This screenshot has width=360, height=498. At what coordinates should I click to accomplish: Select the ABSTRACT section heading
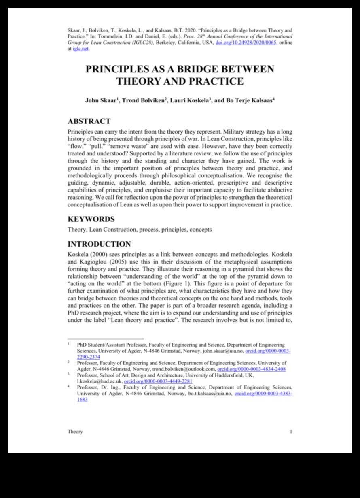pyautogui.click(x=89, y=121)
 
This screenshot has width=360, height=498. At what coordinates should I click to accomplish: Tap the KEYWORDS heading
pyautogui.click(x=91, y=219)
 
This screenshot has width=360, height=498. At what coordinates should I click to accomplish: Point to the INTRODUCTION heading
pyautogui.click(x=99, y=244)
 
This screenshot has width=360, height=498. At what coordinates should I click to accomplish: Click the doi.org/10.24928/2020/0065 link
pyautogui.click(x=246, y=43)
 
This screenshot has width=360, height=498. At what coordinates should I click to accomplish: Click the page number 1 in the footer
pyautogui.click(x=291, y=432)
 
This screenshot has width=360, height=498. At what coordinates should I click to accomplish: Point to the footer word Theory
pyautogui.click(x=75, y=432)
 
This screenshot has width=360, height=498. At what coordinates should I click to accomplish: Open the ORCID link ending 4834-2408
pyautogui.click(x=252, y=369)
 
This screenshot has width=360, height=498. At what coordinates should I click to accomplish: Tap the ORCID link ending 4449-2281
pyautogui.click(x=158, y=381)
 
